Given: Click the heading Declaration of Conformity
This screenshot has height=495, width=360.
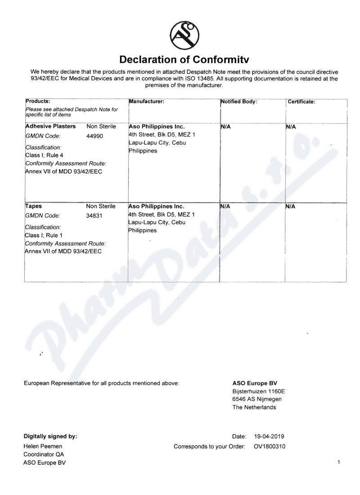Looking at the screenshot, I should (x=184, y=60).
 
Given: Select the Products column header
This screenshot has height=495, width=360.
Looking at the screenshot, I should (x=38, y=101).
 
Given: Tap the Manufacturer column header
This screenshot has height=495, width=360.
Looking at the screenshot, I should (x=146, y=102).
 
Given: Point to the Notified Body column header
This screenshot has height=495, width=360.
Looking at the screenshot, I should (x=238, y=102).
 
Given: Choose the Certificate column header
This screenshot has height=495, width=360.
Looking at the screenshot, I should (x=301, y=102).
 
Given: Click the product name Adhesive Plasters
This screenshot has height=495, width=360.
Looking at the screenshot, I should (x=50, y=126).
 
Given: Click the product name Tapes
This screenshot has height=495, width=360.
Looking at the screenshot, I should (x=33, y=207).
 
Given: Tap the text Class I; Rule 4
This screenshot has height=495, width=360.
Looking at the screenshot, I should (x=44, y=155).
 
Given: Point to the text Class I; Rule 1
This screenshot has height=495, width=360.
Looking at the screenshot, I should (x=44, y=235).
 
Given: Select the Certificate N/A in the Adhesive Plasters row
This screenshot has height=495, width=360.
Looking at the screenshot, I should (x=291, y=127).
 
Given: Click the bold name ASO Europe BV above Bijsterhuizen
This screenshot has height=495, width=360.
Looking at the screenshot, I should (x=255, y=383).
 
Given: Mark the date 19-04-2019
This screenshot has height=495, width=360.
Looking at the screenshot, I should (x=269, y=436).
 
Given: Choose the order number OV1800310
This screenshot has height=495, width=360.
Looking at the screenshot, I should (x=270, y=446).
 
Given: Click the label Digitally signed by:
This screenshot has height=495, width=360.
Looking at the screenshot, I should (x=50, y=436).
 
